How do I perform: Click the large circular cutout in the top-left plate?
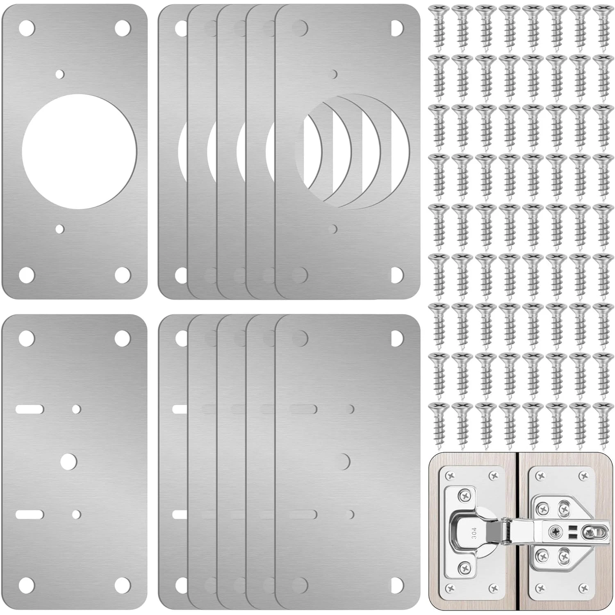[79, 151]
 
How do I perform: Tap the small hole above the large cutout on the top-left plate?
[60, 74]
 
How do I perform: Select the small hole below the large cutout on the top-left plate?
[60, 228]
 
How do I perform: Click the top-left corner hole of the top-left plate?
[27, 28]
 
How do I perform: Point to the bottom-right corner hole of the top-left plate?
[123, 275]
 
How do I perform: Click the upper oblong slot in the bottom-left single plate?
[30, 409]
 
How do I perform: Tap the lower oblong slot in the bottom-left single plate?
[30, 514]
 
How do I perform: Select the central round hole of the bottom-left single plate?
[68, 461]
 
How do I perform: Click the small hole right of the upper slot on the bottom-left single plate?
[76, 409]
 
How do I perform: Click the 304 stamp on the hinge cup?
[474, 533]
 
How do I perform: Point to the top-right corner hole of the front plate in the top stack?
[397, 28]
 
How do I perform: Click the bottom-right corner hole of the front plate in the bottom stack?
[397, 585]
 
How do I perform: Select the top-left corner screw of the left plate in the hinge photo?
[451, 476]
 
